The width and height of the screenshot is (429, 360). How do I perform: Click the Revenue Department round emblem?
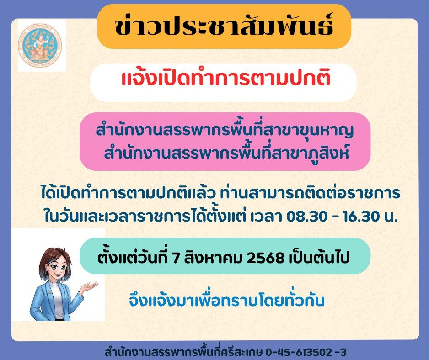40,46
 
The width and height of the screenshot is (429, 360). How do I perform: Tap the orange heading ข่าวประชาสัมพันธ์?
224,26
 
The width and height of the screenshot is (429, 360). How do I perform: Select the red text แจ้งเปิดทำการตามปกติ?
226,78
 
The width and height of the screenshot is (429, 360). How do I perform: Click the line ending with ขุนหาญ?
225,130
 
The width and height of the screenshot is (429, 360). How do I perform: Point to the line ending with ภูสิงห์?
226,153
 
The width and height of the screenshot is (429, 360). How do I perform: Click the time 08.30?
307,216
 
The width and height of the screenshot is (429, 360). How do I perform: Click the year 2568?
265,258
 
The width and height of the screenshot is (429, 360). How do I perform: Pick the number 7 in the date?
175,258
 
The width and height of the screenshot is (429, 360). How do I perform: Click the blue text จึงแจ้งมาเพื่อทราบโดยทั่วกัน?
226,300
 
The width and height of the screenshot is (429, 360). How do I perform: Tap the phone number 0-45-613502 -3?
306,352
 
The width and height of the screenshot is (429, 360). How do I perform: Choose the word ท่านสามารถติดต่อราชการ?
310,193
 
